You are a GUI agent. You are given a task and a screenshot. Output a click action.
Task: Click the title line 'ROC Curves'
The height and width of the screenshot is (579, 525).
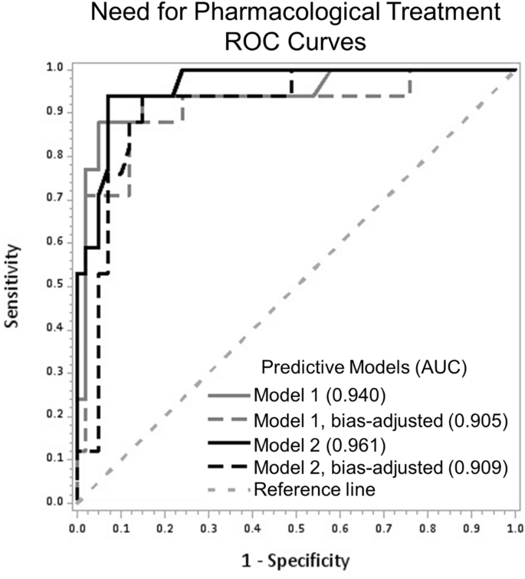(x=262, y=42)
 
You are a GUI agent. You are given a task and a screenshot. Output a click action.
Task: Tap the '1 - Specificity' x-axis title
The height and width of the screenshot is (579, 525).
(x=295, y=559)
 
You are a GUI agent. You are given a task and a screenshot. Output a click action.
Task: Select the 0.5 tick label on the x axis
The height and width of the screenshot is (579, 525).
(x=296, y=528)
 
